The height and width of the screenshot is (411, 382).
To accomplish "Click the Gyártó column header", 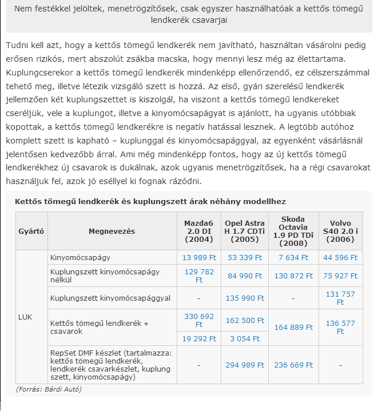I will click(x=31, y=231).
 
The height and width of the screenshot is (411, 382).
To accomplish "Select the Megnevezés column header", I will click(x=112, y=231).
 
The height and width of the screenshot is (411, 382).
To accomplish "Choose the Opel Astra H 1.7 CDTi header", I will click(x=245, y=231).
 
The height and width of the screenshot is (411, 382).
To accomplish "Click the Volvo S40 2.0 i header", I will click(x=340, y=231).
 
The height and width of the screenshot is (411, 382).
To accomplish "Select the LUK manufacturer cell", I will click(x=25, y=316).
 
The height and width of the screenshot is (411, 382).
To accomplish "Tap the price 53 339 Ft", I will click(x=245, y=258).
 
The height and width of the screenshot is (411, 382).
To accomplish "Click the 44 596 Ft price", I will click(x=340, y=258).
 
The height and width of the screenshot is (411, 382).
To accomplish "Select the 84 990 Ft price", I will click(x=245, y=276).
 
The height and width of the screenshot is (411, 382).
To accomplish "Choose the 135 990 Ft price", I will click(x=245, y=298).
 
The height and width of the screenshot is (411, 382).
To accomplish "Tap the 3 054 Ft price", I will click(x=245, y=338).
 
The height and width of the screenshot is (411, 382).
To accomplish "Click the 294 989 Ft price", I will click(x=245, y=365).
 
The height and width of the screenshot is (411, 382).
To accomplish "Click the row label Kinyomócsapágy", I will click(x=80, y=258).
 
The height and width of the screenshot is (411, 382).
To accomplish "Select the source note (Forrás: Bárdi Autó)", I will click(x=49, y=389).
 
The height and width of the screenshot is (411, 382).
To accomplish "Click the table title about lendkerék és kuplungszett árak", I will click(x=150, y=201).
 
